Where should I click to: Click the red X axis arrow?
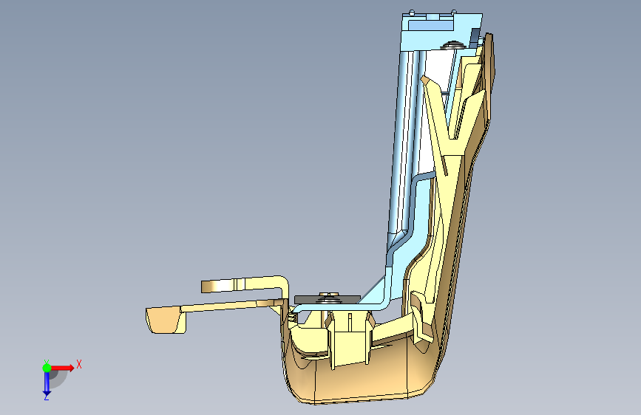click(61, 368)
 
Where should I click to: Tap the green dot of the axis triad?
click(47, 368)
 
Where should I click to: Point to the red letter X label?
click(79, 364)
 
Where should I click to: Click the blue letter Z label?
click(46, 397)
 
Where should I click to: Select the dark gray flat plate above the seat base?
click(327, 299)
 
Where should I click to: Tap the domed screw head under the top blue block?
click(452, 44)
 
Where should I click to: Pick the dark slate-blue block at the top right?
click(475, 36)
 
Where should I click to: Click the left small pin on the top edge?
click(412, 12)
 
